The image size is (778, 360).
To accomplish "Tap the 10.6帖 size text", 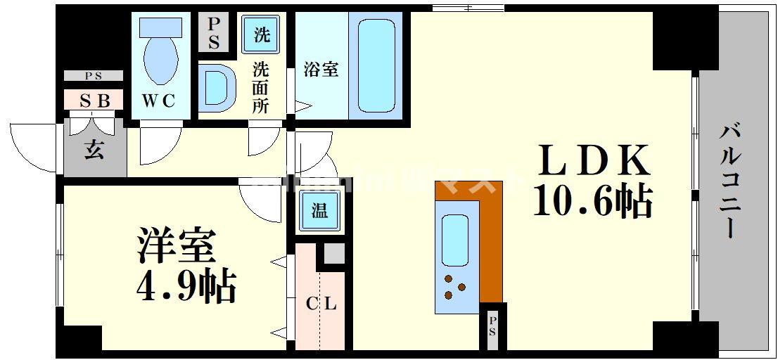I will pos(593,202).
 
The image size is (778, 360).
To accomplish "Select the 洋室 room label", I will pos(176,247).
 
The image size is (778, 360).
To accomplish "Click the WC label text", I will pos(160,101).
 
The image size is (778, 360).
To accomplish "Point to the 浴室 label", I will pos(321,69).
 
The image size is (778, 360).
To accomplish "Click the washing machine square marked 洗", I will pos(261,34).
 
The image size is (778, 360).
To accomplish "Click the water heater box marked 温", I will pos(319,211).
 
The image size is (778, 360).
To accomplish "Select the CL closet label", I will pos(321,304).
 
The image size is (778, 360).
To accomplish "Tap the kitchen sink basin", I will pos(455,239).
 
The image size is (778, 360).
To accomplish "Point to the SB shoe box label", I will pos(94,101).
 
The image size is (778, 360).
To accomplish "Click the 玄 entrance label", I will pos(94,150).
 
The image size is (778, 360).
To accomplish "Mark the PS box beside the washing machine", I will pos(214,33).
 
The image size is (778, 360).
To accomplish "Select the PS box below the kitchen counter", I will pos(492,326).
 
